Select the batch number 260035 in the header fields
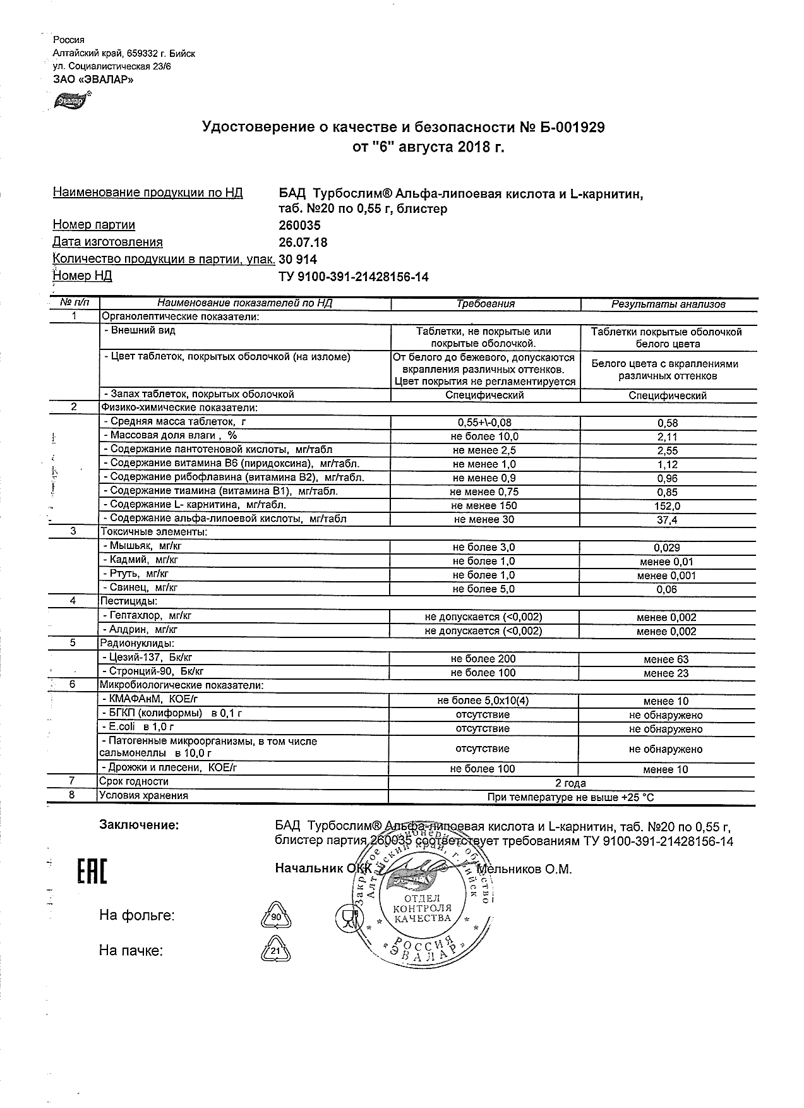click(x=299, y=226)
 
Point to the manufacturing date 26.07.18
click(x=303, y=242)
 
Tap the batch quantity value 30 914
click(x=297, y=259)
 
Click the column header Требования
click(x=485, y=304)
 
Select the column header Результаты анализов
click(x=668, y=304)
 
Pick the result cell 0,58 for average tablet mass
click(x=667, y=423)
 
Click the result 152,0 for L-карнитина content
click(x=667, y=506)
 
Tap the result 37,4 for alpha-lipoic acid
click(x=667, y=520)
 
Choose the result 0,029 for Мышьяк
click(x=667, y=548)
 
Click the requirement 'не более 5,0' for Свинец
click(x=483, y=589)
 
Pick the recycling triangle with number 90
click(x=275, y=915)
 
